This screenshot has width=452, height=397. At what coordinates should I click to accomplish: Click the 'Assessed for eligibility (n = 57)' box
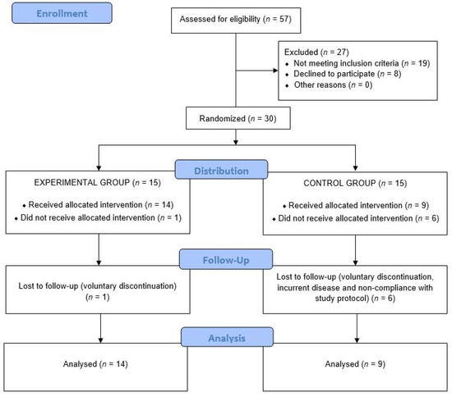coord(236,16)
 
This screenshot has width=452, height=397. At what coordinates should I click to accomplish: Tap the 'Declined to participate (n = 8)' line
coord(339,74)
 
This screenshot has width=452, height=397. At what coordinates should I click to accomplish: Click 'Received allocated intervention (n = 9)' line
coord(348,203)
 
